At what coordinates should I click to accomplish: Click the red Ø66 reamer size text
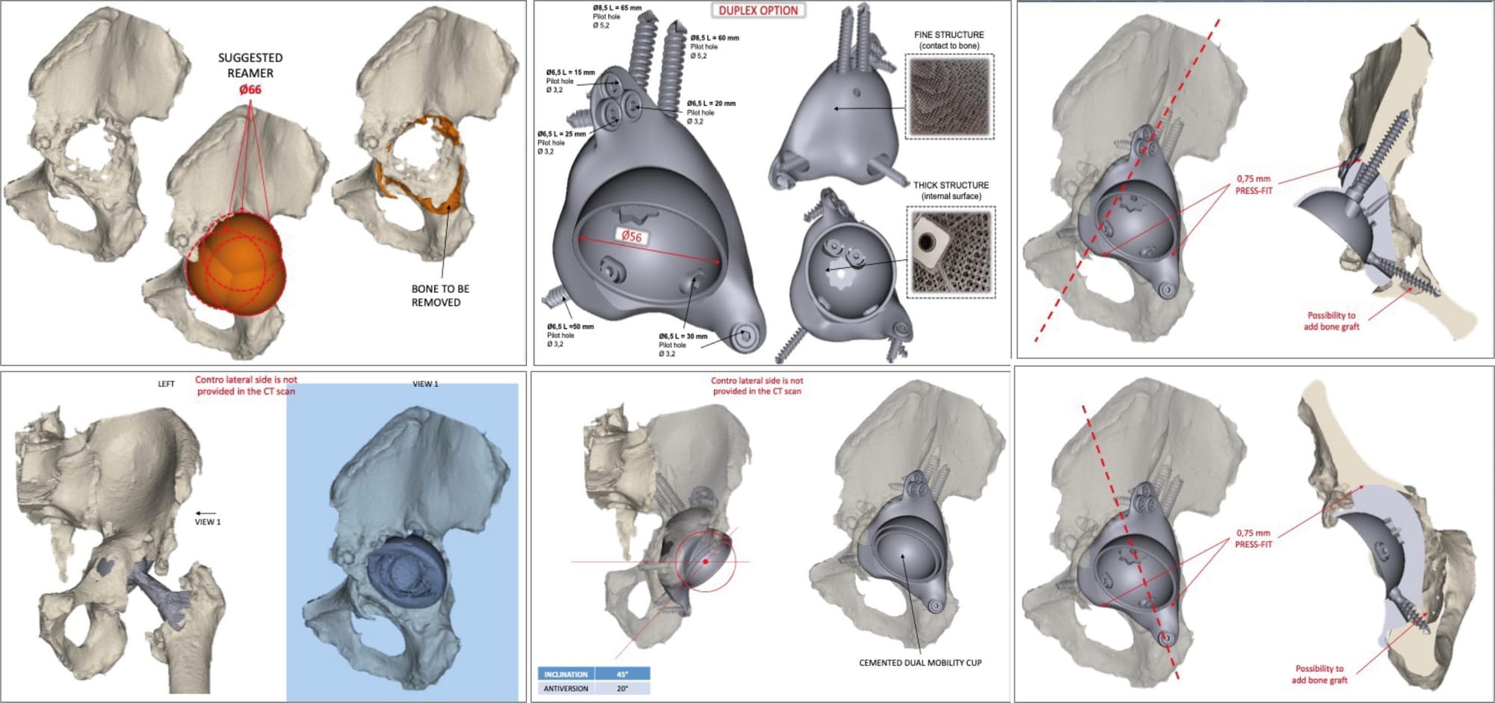[x=250, y=90]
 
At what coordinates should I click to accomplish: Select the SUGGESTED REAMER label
[x=250, y=65]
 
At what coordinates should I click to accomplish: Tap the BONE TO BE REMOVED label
[x=440, y=295]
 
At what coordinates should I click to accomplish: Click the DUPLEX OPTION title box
[x=758, y=10]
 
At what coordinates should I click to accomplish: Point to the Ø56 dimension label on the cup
[x=632, y=236]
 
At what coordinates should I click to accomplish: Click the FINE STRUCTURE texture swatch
[x=949, y=97]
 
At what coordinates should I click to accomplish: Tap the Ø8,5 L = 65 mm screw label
[x=617, y=8]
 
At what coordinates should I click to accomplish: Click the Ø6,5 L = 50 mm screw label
[x=570, y=326]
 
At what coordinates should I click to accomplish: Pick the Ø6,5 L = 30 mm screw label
[x=682, y=336]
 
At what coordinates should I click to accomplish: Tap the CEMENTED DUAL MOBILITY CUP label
[x=920, y=663]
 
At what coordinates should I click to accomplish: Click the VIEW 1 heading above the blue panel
[x=425, y=384]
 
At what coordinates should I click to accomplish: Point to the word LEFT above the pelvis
[x=166, y=384]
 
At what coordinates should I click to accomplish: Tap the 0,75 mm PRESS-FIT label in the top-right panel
[x=1254, y=185]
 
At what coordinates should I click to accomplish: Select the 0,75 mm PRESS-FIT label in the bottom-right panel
[x=1254, y=539]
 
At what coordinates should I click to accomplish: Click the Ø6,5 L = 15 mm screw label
[x=570, y=72]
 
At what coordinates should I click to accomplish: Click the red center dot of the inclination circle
[x=705, y=561]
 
